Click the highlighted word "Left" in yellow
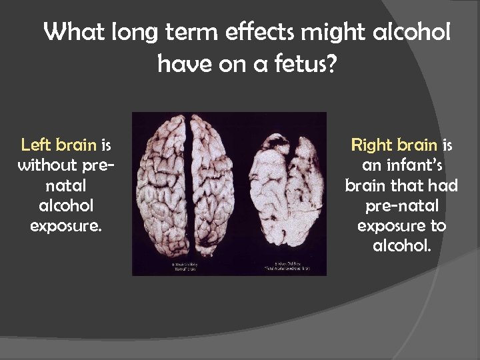coord(36,145)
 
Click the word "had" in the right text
coord(441,185)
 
